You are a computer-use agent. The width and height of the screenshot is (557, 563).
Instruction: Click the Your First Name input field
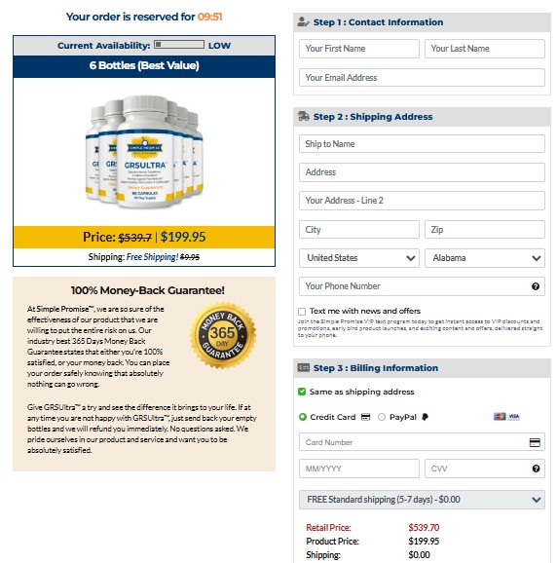tap(359, 49)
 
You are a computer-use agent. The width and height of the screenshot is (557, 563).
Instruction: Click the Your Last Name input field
tap(484, 49)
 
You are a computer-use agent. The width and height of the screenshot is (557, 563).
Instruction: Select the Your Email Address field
tap(422, 78)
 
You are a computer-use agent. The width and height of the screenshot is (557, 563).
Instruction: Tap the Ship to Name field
tap(422, 144)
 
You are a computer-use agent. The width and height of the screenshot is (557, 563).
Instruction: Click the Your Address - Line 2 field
tap(422, 201)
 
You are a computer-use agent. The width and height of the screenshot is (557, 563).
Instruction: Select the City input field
tap(359, 230)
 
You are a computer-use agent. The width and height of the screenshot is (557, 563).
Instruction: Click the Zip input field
tap(484, 230)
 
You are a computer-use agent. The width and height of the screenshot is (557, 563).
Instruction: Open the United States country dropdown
tap(359, 258)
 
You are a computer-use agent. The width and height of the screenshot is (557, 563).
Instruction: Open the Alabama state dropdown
tap(484, 258)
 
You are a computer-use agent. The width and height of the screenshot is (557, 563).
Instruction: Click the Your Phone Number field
tap(414, 286)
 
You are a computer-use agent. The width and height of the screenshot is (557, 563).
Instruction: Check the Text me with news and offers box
tap(303, 312)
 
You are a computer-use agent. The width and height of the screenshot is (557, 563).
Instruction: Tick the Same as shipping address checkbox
tap(303, 392)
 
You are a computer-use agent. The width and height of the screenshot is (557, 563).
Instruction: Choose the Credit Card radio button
tap(303, 417)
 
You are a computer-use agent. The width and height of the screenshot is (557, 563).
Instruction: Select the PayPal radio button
tap(382, 417)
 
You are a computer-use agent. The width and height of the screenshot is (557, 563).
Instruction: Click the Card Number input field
tap(414, 442)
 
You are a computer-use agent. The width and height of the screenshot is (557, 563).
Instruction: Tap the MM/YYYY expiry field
tap(359, 469)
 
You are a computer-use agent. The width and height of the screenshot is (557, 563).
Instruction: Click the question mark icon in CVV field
tap(536, 469)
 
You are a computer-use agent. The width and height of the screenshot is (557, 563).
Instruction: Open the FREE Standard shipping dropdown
tap(422, 500)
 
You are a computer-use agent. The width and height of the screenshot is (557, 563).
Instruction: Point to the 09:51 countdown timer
tap(211, 17)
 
